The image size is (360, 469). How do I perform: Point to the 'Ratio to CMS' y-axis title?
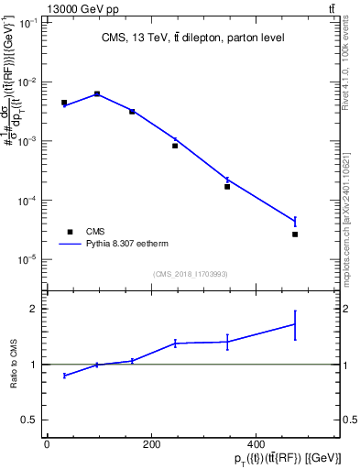14,364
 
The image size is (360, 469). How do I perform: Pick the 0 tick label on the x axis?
47,444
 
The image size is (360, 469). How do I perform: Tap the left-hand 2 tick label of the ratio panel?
32,309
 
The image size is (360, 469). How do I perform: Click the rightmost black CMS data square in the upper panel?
294,234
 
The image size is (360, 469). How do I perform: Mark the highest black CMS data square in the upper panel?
97,93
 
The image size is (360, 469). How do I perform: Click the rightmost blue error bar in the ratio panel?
294,323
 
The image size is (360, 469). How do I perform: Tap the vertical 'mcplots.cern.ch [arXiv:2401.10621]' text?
350,211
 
